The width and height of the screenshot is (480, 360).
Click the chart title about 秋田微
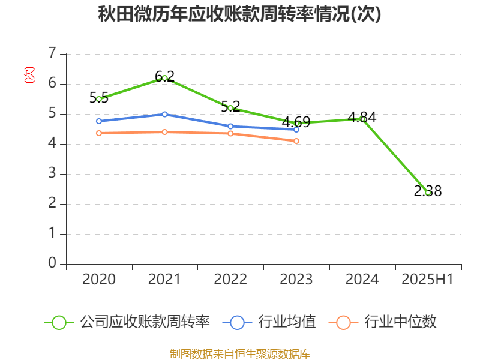[x=240, y=14]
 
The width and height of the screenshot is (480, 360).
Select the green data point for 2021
[x=164, y=78]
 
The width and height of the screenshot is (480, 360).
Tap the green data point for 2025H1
[x=428, y=193]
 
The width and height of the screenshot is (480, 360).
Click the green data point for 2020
[x=99, y=99]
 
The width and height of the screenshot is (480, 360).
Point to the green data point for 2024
[x=362, y=119]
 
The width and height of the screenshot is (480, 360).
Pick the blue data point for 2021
[x=164, y=114]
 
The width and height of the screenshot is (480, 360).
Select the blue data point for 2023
[x=296, y=130]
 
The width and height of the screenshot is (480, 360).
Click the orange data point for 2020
[x=99, y=133]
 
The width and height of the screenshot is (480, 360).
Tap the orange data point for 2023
[x=296, y=141]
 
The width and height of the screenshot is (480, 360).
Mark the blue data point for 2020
[x=99, y=121]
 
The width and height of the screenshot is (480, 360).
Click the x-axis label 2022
[x=230, y=280]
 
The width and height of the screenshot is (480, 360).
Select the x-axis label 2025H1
[x=428, y=280]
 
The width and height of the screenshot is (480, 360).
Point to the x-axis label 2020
[x=99, y=280]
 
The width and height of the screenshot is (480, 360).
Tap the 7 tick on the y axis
[x=53, y=54]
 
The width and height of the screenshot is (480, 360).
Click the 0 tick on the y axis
[x=53, y=264]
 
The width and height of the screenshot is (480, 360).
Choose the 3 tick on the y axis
[x=53, y=174]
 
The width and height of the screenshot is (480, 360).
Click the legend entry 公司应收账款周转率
[x=145, y=322]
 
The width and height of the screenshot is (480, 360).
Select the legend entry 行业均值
[x=287, y=322]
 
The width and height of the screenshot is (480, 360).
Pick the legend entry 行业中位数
[x=400, y=322]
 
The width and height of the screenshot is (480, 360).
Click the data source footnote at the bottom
[x=240, y=353]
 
